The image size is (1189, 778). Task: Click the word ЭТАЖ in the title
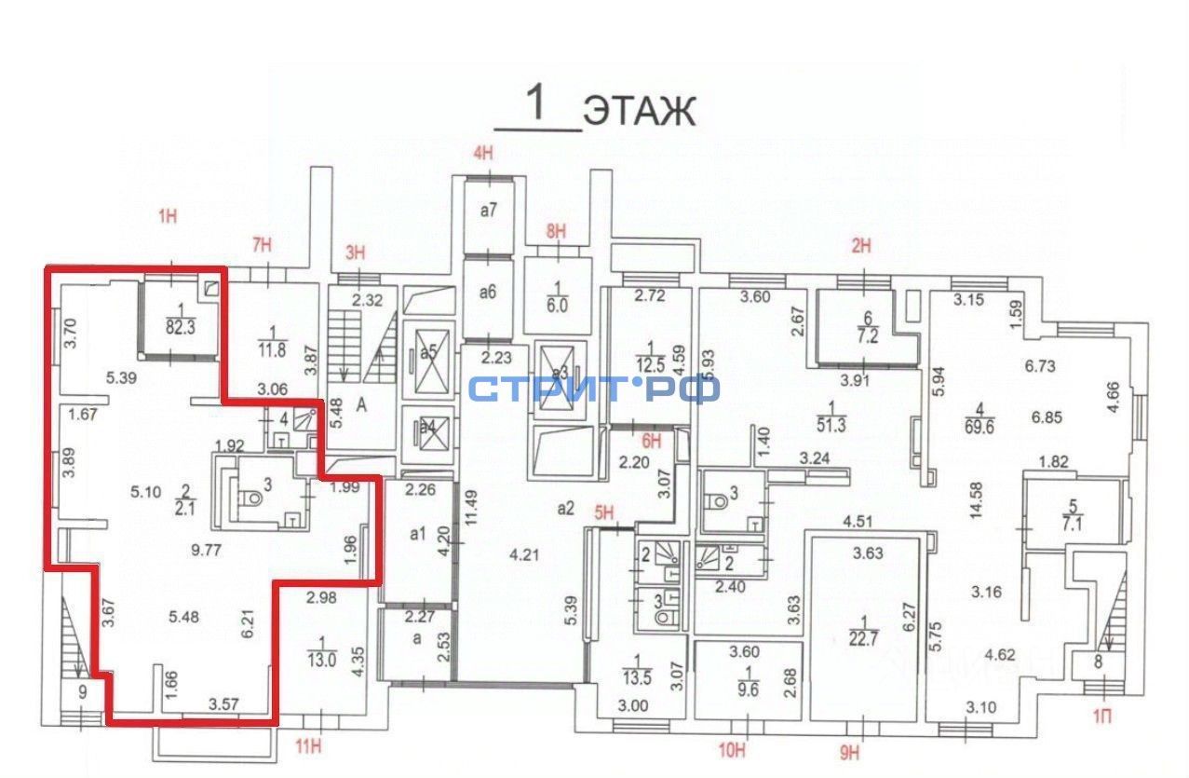click(639, 111)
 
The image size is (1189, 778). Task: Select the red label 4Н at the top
click(482, 154)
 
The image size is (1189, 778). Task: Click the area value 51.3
click(831, 425)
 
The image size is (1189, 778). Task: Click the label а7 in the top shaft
click(489, 211)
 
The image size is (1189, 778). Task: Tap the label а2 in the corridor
click(564, 508)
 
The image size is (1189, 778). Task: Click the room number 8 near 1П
click(1099, 663)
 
